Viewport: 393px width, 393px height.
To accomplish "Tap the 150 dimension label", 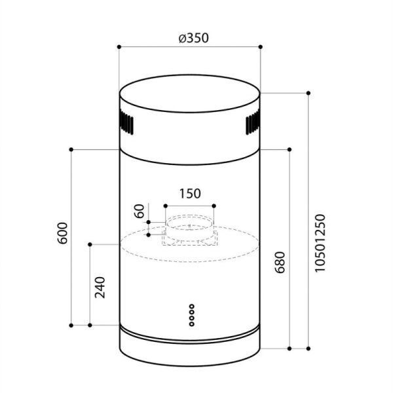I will tap(189, 193).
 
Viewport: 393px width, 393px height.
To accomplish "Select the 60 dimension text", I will tap(138, 212).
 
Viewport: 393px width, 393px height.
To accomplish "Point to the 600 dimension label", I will tap(63, 234).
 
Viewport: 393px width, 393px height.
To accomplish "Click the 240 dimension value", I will tap(100, 288).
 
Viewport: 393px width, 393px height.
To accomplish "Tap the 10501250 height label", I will tap(320, 243).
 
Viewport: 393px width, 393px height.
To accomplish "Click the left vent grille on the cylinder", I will tap(127, 124).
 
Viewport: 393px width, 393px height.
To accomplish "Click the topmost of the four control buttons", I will tap(191, 305).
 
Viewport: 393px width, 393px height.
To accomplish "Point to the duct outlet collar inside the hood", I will tap(189, 227).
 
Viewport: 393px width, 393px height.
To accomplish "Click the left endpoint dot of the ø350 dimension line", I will tap(119, 47).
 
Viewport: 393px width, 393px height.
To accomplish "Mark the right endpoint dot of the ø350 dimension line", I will tap(261, 47).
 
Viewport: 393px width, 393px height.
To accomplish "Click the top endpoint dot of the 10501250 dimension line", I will tap(308, 93).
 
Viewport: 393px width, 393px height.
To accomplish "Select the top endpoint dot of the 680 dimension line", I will tap(290, 150).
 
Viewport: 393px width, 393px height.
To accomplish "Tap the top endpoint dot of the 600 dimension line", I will tap(71, 150).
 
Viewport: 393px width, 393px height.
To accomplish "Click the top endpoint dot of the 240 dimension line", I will tap(90, 244).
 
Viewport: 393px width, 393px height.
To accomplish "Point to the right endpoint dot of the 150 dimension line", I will tap(214, 206).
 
